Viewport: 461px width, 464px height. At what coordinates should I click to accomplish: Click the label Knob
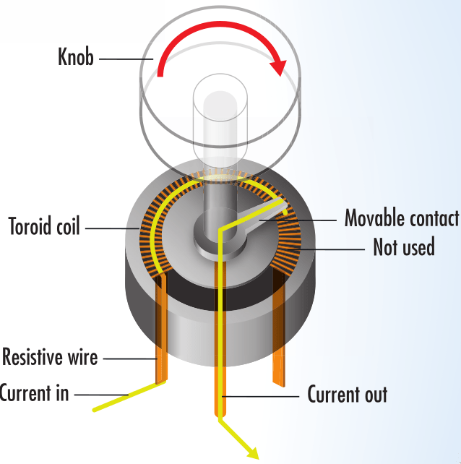76,57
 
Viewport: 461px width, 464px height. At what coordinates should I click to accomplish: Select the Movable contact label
401,218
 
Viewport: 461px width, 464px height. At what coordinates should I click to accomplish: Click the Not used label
403,247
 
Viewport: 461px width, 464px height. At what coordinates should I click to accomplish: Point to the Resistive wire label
50,357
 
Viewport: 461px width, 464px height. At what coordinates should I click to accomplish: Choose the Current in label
34,393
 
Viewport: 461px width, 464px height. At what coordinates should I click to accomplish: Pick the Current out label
348,395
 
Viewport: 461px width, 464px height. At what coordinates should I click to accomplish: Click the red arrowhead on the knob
277,66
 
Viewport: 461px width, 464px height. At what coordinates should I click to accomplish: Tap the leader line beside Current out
264,395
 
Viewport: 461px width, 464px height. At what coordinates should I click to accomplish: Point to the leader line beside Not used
332,248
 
